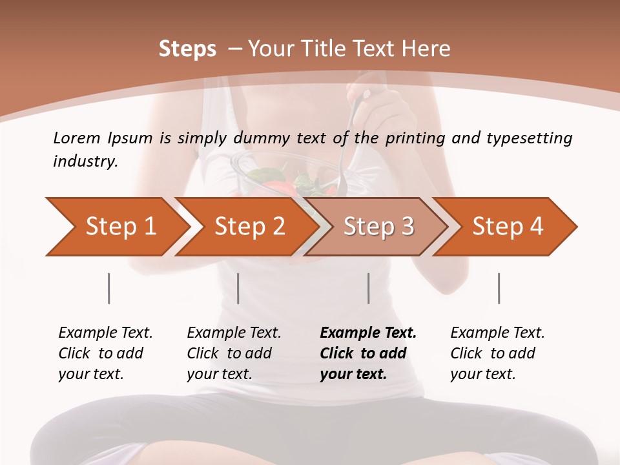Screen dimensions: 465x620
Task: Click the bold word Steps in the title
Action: pyautogui.click(x=187, y=49)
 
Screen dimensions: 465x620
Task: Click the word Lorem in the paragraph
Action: pyautogui.click(x=77, y=138)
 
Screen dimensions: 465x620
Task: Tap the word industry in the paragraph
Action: pyautogui.click(x=85, y=161)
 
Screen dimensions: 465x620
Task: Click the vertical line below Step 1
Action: pyautogui.click(x=109, y=288)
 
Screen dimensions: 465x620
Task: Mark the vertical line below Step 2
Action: pyautogui.click(x=238, y=288)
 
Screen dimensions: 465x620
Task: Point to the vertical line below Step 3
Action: pyautogui.click(x=369, y=288)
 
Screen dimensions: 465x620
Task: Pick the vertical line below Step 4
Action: pyautogui.click(x=499, y=288)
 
